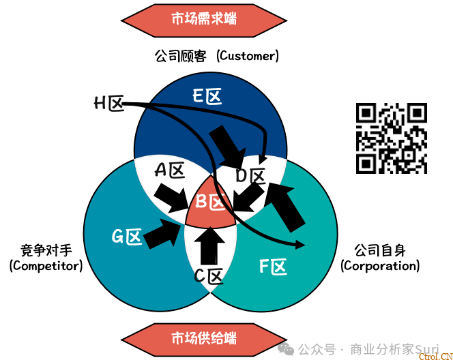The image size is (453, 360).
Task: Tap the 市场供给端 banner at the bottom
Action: pyautogui.click(x=204, y=337)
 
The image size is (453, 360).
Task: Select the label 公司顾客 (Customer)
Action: pyautogui.click(x=218, y=56)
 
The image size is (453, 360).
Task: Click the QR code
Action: pyautogui.click(x=392, y=138)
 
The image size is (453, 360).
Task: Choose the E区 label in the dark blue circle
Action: pyautogui.click(x=207, y=97)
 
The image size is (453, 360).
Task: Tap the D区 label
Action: pyautogui.click(x=250, y=177)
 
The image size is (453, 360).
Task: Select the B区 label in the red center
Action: pyautogui.click(x=211, y=202)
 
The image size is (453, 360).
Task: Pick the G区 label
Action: pyautogui.click(x=127, y=237)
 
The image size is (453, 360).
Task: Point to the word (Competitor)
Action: pyautogui.click(x=46, y=266)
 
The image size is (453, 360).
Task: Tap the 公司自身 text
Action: pyautogui.click(x=380, y=250)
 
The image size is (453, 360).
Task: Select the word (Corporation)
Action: pyautogui.click(x=380, y=266)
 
